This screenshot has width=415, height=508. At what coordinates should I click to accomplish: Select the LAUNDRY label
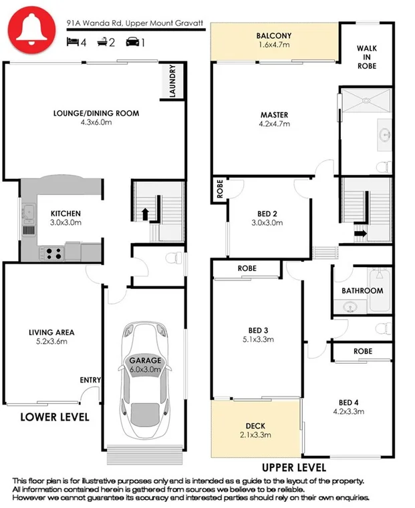[x=173, y=81]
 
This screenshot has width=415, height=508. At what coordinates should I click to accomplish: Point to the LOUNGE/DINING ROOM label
[x=96, y=113]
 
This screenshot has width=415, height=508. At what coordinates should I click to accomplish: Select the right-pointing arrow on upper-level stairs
[x=360, y=233]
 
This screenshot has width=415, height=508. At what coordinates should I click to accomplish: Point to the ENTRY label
[x=90, y=380]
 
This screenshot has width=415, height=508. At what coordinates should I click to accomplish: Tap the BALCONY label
[x=273, y=36]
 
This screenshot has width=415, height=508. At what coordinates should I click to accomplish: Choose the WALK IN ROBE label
[x=366, y=57]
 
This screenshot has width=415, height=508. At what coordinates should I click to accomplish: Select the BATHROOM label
[x=362, y=291]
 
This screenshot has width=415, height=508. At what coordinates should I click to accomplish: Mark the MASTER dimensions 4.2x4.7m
[x=274, y=123]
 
